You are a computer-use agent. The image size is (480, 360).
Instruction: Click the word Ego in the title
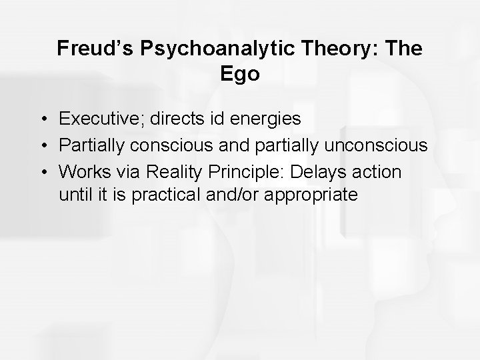click(x=240, y=74)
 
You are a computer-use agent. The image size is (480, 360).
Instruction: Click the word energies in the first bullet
click(x=263, y=119)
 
